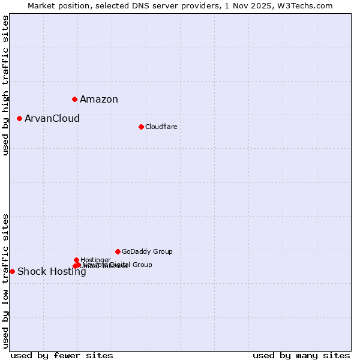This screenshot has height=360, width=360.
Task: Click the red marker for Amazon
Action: click(x=74, y=99)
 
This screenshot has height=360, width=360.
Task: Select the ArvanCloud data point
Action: click(x=19, y=118)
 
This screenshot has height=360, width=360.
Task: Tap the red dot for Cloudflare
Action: click(x=141, y=127)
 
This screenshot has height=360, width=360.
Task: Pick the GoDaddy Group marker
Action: click(x=118, y=251)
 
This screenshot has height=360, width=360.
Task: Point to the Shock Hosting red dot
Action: click(x=12, y=271)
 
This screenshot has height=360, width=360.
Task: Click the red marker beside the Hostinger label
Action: click(x=76, y=260)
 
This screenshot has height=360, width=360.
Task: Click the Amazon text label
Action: click(x=99, y=100)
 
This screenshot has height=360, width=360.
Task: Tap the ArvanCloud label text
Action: click(x=52, y=119)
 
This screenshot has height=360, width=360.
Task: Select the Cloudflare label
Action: click(x=161, y=127)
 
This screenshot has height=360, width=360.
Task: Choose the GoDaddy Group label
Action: click(x=147, y=252)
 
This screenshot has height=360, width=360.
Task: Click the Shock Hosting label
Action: click(x=52, y=272)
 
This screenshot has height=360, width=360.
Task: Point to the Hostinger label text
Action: click(x=95, y=260)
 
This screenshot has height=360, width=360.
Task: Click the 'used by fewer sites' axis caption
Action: click(x=62, y=355)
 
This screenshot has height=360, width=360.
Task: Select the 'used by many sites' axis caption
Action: click(x=301, y=355)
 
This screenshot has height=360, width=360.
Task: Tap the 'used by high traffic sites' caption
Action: click(x=5, y=85)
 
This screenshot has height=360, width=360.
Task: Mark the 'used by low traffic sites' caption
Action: click(x=5, y=280)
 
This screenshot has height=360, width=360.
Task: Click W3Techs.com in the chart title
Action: click(x=310, y=5)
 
